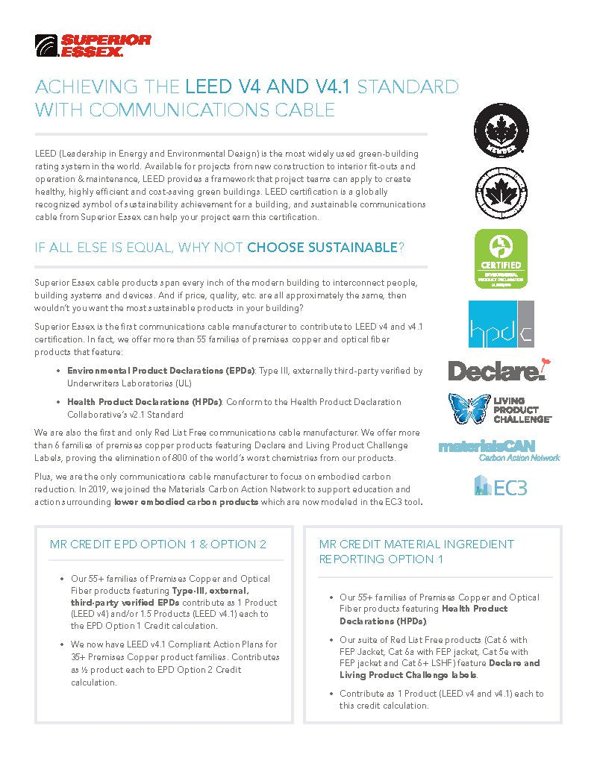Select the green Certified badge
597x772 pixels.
pos(501,259)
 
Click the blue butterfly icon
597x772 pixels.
pos(469,409)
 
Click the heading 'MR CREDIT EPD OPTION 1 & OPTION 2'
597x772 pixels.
pos(158,544)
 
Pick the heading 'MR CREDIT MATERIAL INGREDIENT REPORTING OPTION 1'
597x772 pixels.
pos(416,551)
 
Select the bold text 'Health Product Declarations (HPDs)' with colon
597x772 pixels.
pos(145,402)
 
